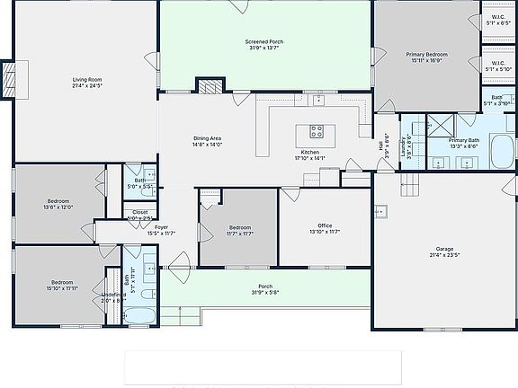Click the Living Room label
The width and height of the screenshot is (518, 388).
(x=86, y=83)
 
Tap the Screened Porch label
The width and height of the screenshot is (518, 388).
(x=264, y=45)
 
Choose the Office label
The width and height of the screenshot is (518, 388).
(x=324, y=228)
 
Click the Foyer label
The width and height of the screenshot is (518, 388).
(x=162, y=231)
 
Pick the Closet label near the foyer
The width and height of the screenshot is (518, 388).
(x=140, y=215)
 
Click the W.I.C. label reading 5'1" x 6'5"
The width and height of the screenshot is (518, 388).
(x=497, y=19)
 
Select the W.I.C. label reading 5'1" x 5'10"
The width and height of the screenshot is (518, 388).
(x=497, y=66)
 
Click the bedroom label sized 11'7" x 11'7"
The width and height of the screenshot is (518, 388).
(x=239, y=230)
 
